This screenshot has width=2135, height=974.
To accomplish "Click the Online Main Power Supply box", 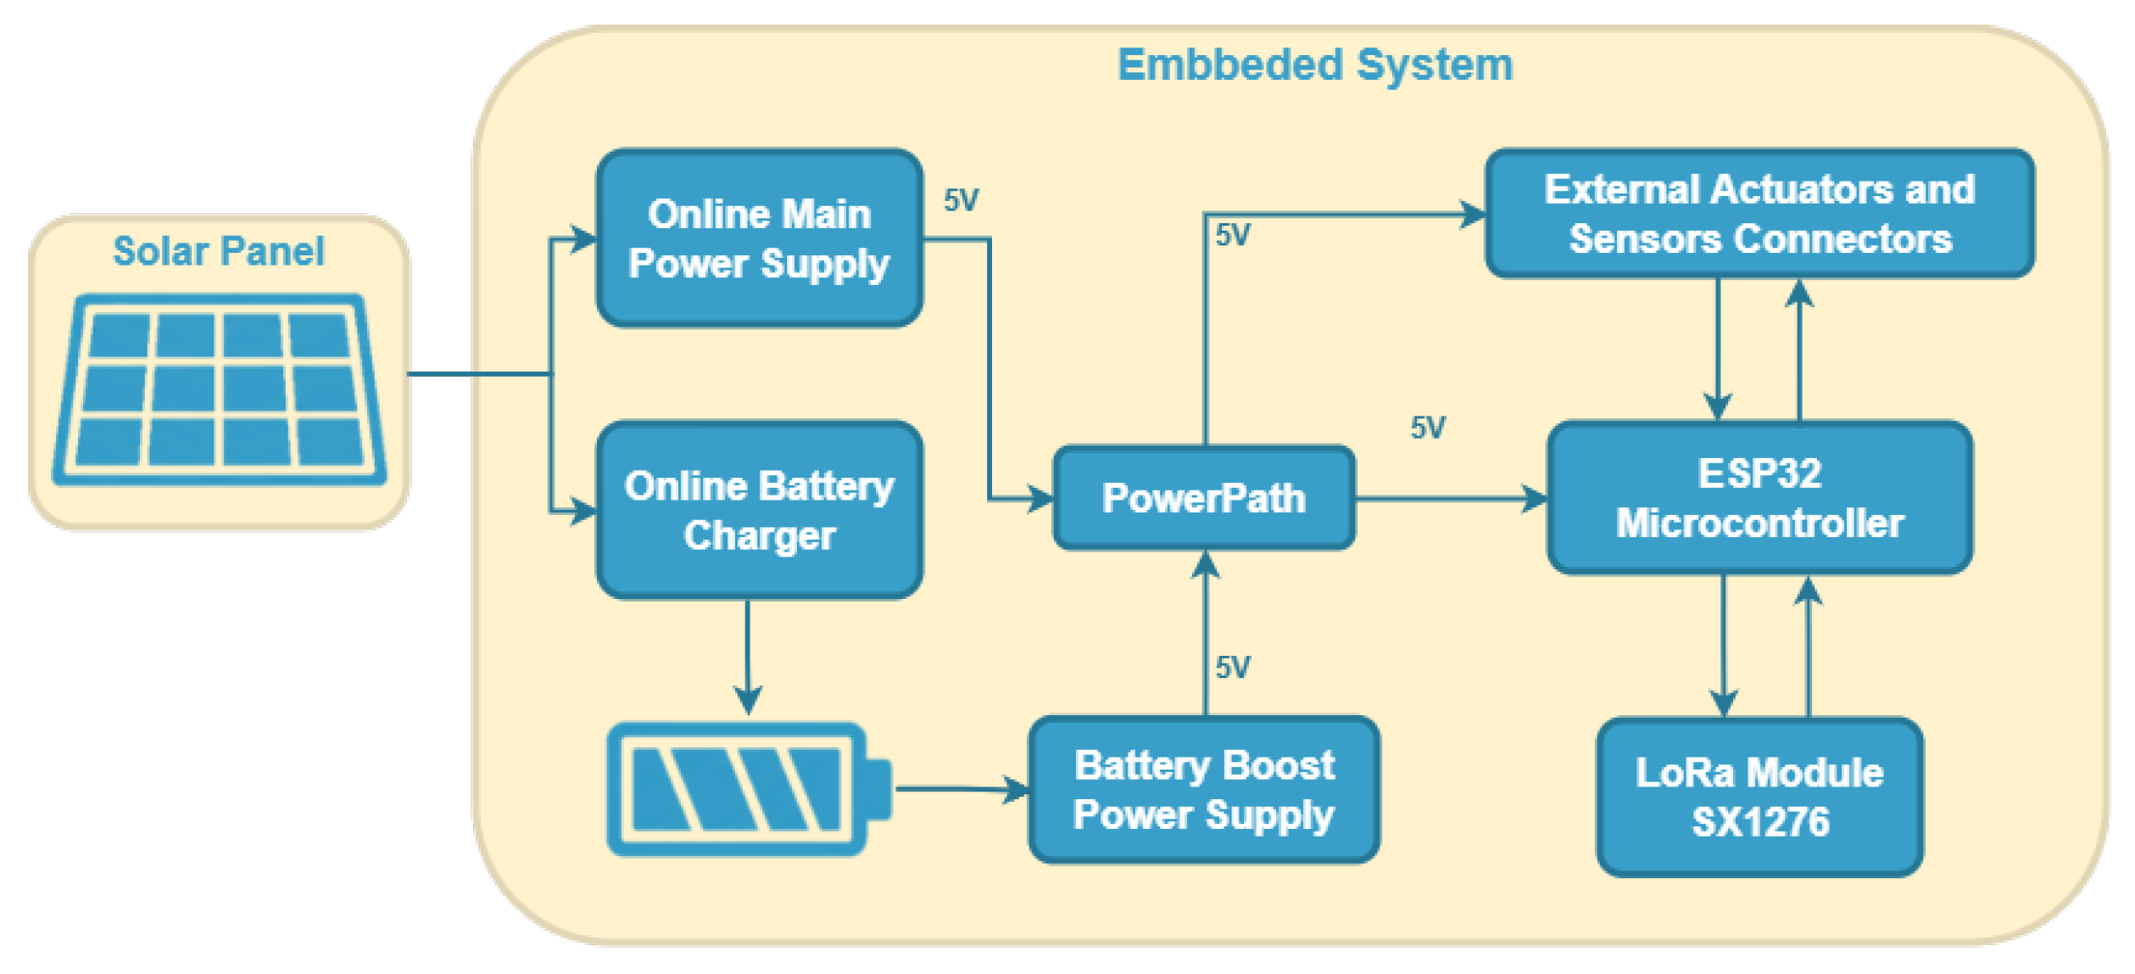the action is click(760, 238).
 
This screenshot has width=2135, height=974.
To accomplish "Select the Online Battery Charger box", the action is click(760, 511).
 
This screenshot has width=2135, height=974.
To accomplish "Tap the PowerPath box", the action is click(1204, 498).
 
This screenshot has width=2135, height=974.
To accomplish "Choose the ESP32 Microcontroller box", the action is click(1760, 498).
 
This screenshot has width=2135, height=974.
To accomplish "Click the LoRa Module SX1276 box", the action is click(1760, 798).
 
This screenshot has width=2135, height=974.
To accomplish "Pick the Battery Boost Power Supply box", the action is click(1204, 790).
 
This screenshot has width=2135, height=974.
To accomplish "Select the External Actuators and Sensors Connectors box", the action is click(1760, 214).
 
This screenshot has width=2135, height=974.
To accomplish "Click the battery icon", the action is click(750, 790).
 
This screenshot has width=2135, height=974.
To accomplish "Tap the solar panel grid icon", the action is click(220, 390).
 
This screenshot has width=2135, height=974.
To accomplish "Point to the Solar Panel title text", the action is click(219, 251).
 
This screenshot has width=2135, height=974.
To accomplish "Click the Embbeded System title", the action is click(1315, 64).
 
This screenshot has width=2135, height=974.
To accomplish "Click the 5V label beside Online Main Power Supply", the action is click(962, 200).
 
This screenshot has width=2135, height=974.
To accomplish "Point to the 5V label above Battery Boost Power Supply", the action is click(1233, 668).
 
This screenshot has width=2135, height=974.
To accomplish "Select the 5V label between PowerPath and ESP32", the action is click(1428, 428).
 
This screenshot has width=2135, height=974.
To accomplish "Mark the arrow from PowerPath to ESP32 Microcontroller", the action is click(1452, 499).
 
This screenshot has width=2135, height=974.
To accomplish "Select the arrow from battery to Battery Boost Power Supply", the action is click(962, 789).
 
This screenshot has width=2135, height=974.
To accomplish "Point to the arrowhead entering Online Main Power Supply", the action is click(584, 239).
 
